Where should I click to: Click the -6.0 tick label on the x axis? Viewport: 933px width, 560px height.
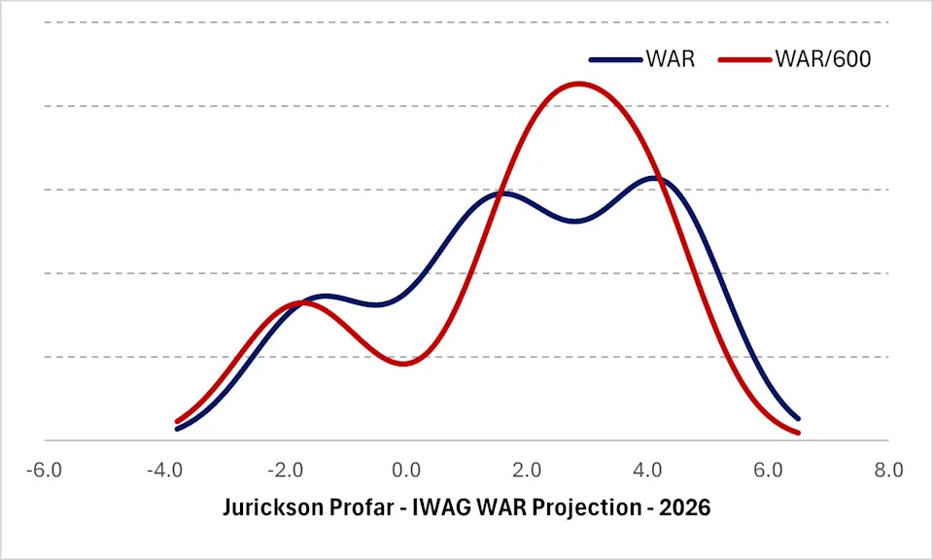click(45, 471)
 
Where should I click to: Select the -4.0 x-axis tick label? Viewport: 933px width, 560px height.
click(165, 471)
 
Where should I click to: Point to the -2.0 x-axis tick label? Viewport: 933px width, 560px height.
click(286, 471)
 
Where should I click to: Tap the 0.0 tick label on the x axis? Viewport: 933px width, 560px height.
click(406, 471)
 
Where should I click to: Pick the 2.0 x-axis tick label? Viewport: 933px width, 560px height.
click(527, 471)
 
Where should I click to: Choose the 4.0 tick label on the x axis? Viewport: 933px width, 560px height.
click(647, 471)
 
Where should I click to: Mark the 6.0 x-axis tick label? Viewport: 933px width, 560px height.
click(768, 471)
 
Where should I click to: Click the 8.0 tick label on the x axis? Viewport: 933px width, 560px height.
click(888, 471)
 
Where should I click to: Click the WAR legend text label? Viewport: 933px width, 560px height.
click(670, 59)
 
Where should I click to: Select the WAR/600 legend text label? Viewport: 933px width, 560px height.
click(822, 59)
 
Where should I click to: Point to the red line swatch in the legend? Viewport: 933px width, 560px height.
click(744, 59)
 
